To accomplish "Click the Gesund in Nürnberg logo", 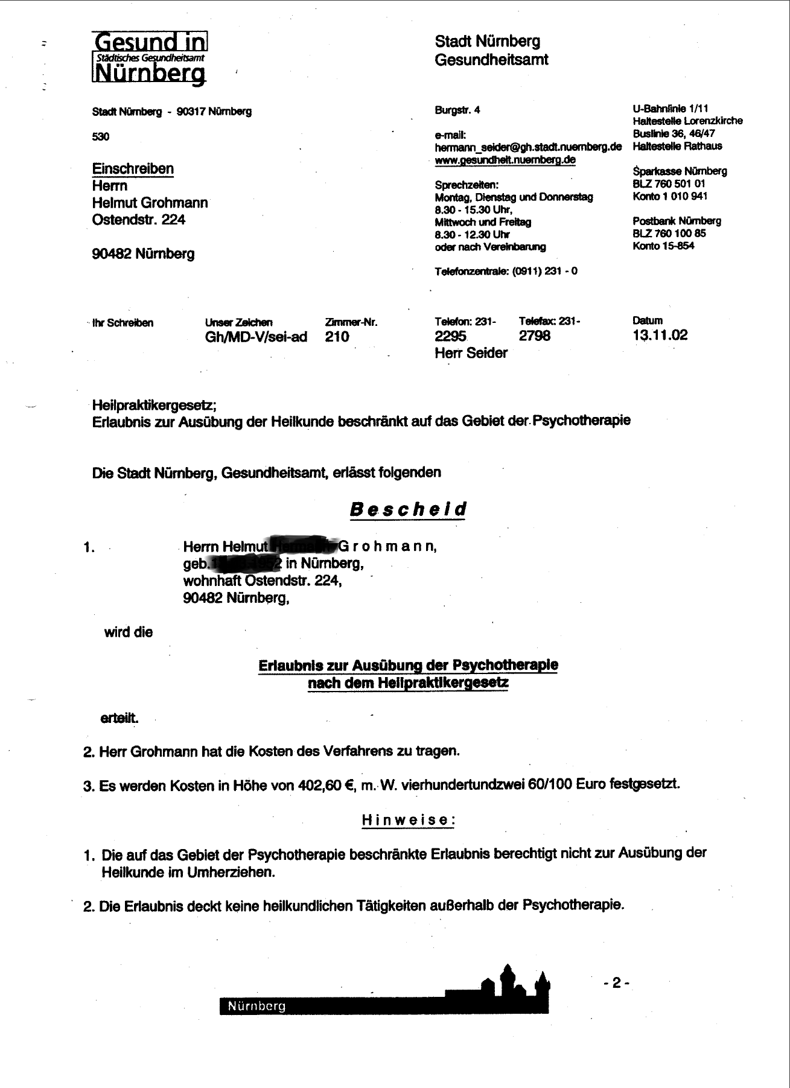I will coord(149,57).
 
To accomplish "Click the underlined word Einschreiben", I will coord(133,169).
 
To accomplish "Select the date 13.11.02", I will coord(660,336).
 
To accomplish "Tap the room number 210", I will coord(337,337).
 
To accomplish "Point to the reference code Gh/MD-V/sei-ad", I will coord(256,337).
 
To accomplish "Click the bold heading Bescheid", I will coord(408,509).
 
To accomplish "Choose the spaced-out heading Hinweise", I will coord(408,820).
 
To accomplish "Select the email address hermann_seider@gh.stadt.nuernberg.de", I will coord(528,147).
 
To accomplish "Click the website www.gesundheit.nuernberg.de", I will coord(505,160).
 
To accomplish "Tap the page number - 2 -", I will coord(616,983).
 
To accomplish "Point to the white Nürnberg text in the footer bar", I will coord(256,1007).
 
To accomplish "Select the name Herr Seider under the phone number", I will coord(471,353).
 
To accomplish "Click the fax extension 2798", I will coord(534,336).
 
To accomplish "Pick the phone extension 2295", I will coord(450,336).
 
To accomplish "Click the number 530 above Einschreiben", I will coord(101,136).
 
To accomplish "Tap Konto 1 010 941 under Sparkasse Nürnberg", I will coord(670,196).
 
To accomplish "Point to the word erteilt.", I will coord(119,719).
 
